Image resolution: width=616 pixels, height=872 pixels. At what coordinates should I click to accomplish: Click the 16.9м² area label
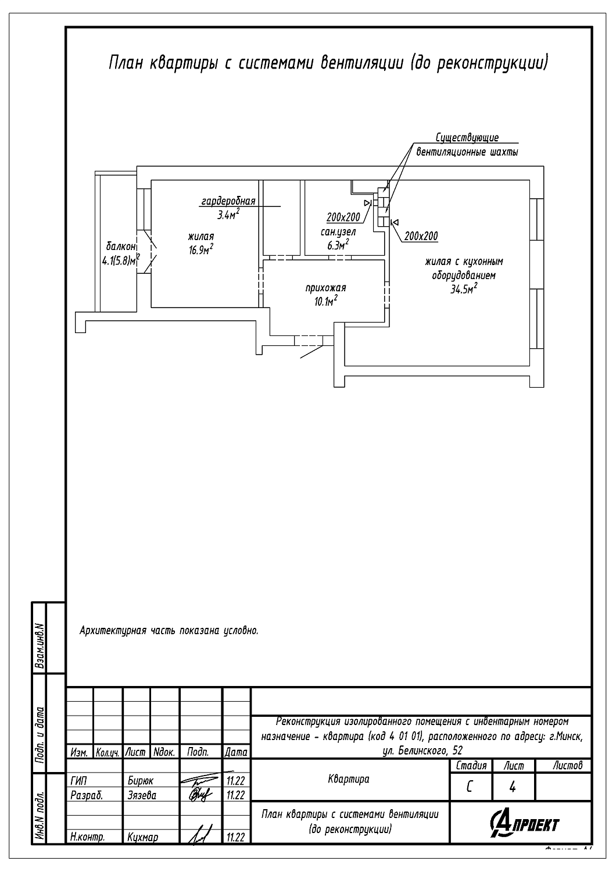pyautogui.click(x=201, y=249)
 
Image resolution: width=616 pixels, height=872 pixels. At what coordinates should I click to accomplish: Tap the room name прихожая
pyautogui.click(x=325, y=288)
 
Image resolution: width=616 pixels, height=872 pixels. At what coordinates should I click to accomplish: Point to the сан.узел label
pyautogui.click(x=338, y=233)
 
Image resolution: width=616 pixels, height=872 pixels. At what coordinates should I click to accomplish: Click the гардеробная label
pyautogui.click(x=228, y=201)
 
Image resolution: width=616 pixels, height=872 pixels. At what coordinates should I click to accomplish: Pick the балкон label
pyautogui.click(x=121, y=246)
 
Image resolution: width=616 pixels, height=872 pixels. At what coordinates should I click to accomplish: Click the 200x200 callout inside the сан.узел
pyautogui.click(x=343, y=217)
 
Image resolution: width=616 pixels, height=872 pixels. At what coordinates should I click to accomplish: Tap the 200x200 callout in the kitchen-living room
pyautogui.click(x=421, y=236)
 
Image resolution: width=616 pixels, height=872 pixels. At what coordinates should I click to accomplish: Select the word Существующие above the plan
pyautogui.click(x=467, y=137)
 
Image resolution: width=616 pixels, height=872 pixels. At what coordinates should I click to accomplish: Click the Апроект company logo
pyautogui.click(x=524, y=824)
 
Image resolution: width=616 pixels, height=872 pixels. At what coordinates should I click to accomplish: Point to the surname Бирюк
pyautogui.click(x=141, y=781)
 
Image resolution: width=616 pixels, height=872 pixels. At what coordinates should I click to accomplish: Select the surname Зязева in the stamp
pyautogui.click(x=142, y=795)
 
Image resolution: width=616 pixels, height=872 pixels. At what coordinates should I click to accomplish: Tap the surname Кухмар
pyautogui.click(x=142, y=837)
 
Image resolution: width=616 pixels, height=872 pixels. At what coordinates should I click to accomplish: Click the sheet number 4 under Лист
pyautogui.click(x=513, y=787)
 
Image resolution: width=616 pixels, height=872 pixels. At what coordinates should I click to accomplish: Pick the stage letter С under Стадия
pyautogui.click(x=470, y=787)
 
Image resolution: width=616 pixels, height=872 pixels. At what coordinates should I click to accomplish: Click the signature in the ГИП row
pyautogui.click(x=199, y=780)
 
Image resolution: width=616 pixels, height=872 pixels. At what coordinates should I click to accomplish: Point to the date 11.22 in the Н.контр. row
pyautogui.click(x=236, y=837)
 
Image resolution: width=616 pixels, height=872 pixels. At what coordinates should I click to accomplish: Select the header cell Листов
pyautogui.click(x=568, y=766)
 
